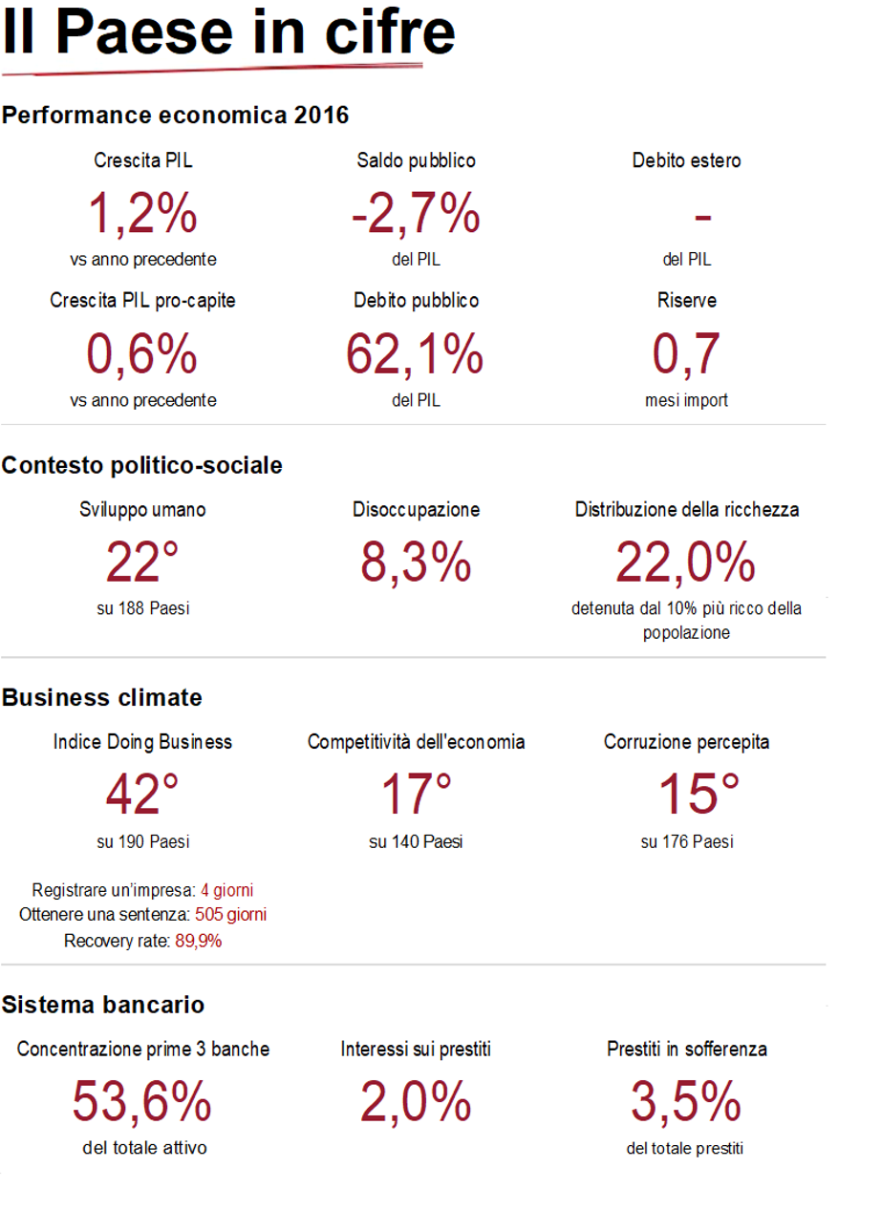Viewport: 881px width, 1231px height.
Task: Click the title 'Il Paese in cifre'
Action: [228, 34]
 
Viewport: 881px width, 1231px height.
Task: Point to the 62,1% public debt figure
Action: [416, 353]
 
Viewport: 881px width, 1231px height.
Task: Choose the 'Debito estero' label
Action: [686, 161]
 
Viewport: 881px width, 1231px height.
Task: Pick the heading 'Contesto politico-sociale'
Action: [142, 466]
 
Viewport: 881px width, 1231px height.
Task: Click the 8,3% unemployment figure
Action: [416, 562]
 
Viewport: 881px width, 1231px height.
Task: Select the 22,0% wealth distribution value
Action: [686, 562]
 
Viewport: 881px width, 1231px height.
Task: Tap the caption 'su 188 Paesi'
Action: [142, 608]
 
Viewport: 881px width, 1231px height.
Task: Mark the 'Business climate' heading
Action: [102, 698]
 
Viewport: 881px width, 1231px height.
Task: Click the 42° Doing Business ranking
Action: [142, 794]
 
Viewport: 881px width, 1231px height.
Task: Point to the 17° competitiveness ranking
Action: [416, 794]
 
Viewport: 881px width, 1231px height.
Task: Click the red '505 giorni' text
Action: [230, 915]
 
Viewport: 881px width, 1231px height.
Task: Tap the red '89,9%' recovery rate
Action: [198, 941]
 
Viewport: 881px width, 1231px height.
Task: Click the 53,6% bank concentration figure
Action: [142, 1102]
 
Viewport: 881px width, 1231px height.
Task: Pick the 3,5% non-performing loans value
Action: [686, 1102]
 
